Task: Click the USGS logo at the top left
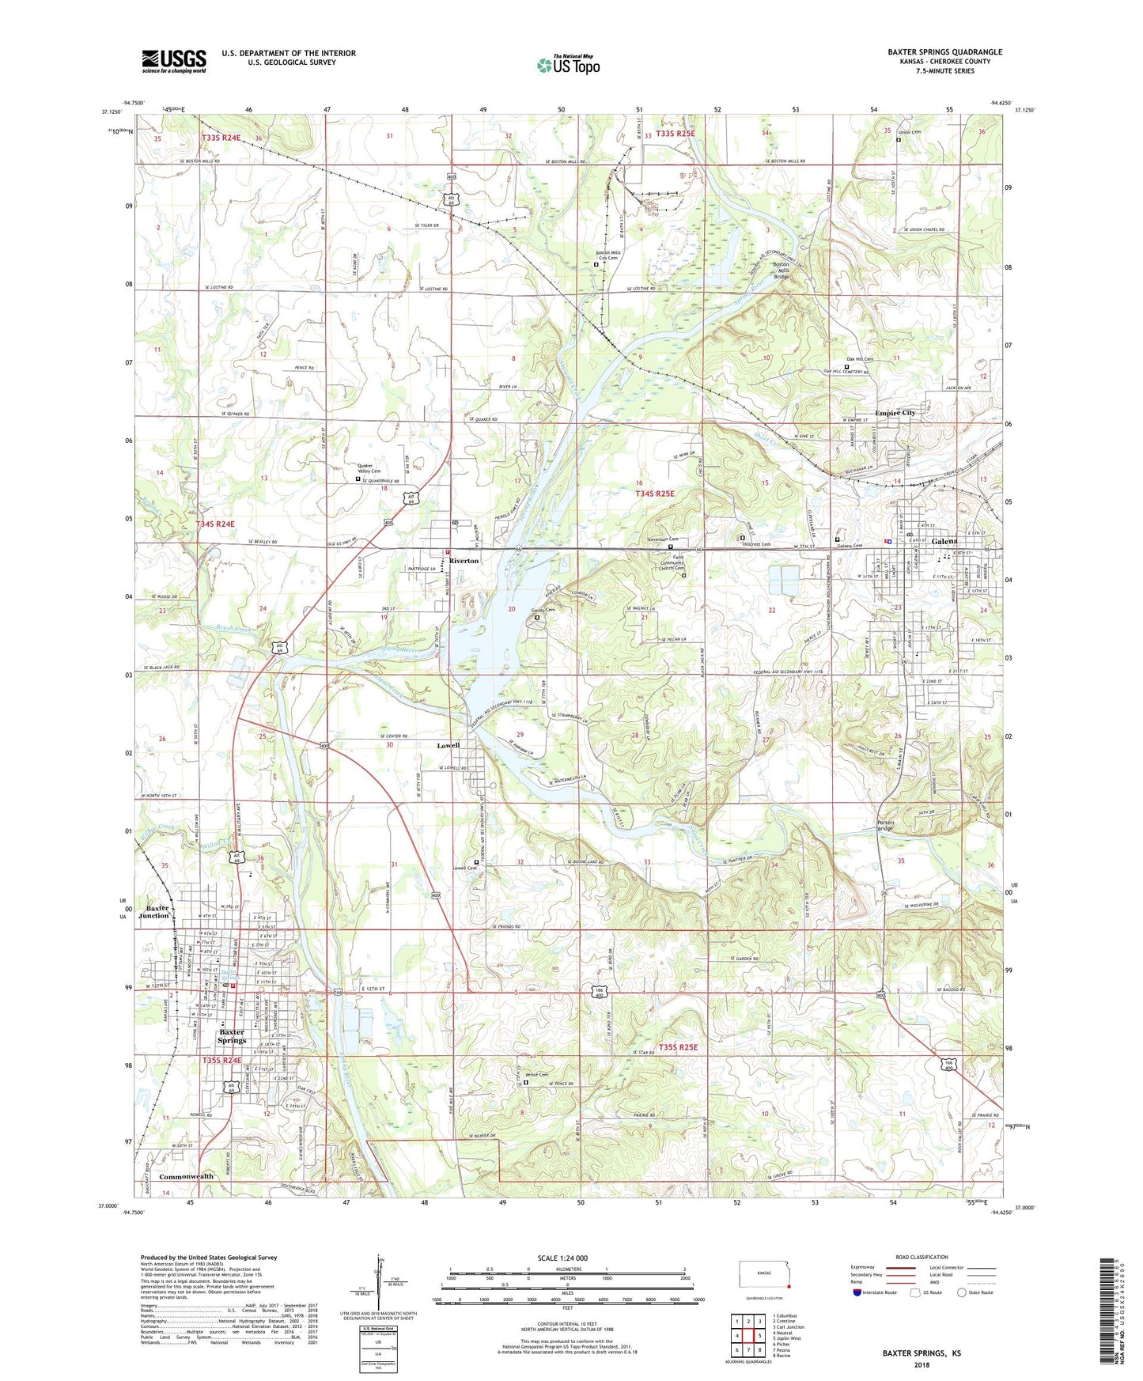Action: point(174,61)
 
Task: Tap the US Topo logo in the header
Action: point(568,65)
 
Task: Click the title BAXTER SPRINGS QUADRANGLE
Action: point(944,52)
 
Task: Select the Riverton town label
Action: point(464,561)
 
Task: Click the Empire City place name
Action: point(895,413)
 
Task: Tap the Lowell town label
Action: point(448,745)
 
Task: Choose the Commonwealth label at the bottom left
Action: point(186,1176)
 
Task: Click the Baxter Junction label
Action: point(154,911)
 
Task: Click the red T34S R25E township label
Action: point(655,494)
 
